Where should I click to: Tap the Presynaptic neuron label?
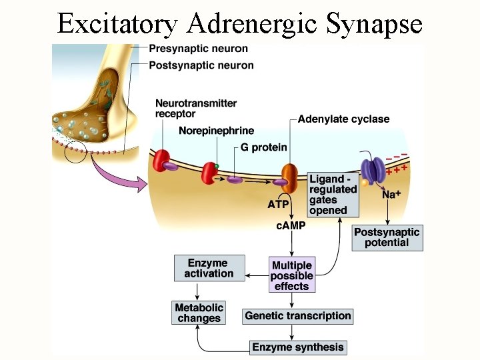pyautogui.click(x=198, y=49)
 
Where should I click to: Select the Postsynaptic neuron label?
pyautogui.click(x=201, y=65)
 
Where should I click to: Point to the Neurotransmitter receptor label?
pyautogui.click(x=196, y=109)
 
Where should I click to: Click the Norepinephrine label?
pyautogui.click(x=217, y=131)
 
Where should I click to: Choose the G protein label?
pyautogui.click(x=265, y=147)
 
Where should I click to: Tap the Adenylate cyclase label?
pyautogui.click(x=343, y=119)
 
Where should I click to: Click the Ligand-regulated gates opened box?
pyautogui.click(x=333, y=195)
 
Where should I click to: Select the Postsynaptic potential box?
pyautogui.click(x=387, y=237)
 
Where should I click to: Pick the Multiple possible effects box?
pyautogui.click(x=291, y=275)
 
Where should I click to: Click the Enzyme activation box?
pyautogui.click(x=209, y=268)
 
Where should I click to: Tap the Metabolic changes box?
pyautogui.click(x=199, y=313)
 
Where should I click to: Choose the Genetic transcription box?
pyautogui.click(x=297, y=316)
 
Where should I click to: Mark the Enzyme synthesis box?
pyautogui.click(x=298, y=347)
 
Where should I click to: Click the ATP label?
pyautogui.click(x=278, y=205)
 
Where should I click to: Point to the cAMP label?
pyautogui.click(x=291, y=225)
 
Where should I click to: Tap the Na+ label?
pyautogui.click(x=391, y=195)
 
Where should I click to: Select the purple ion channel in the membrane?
pyautogui.click(x=371, y=172)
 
